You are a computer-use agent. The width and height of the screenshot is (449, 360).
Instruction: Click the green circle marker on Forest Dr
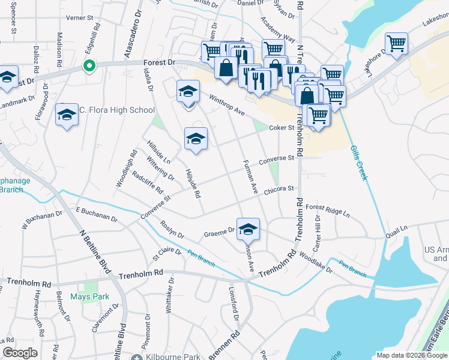(x=89, y=66)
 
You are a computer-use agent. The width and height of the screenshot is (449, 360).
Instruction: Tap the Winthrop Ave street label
(x=228, y=105)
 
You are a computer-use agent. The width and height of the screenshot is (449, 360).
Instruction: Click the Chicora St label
(x=277, y=188)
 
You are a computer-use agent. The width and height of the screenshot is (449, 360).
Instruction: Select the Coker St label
(x=281, y=127)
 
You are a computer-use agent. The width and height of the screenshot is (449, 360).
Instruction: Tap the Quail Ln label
(x=396, y=228)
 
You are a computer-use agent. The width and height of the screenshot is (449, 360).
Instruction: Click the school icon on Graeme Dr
(x=248, y=229)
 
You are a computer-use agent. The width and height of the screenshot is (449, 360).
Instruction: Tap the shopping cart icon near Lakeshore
(x=396, y=43)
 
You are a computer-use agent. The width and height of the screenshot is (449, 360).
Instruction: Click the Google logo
(x=20, y=353)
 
